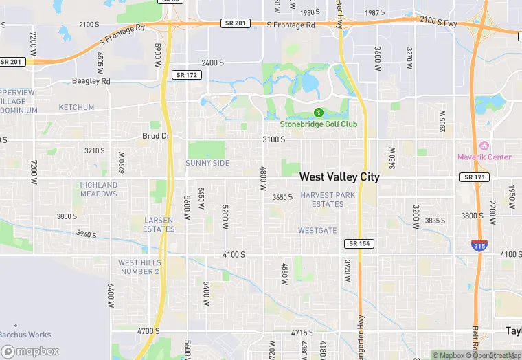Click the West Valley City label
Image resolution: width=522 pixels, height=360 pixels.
click(x=339, y=177)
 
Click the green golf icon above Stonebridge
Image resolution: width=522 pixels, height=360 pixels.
click(x=318, y=112)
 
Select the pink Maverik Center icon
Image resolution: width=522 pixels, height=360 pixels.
click(x=484, y=146)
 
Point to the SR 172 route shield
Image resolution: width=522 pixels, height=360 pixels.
click(x=187, y=74)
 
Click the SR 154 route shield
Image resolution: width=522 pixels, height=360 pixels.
click(x=359, y=244)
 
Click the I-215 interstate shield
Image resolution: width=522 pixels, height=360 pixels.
click(x=479, y=245)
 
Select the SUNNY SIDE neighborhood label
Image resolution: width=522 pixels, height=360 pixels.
click(x=207, y=163)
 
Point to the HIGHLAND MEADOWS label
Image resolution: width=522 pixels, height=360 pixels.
click(x=99, y=189)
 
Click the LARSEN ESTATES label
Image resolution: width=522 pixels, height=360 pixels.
click(x=159, y=224)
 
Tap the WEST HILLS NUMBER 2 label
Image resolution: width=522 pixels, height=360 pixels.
click(x=139, y=267)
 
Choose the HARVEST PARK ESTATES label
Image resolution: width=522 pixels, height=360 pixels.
click(x=328, y=199)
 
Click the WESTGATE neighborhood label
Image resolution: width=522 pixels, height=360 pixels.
click(x=318, y=230)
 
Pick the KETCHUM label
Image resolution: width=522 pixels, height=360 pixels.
click(x=76, y=108)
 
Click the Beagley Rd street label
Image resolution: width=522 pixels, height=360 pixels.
click(x=91, y=81)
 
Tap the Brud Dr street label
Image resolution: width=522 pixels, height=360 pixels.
click(x=156, y=136)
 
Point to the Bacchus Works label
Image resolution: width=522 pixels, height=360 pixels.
click(x=25, y=335)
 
